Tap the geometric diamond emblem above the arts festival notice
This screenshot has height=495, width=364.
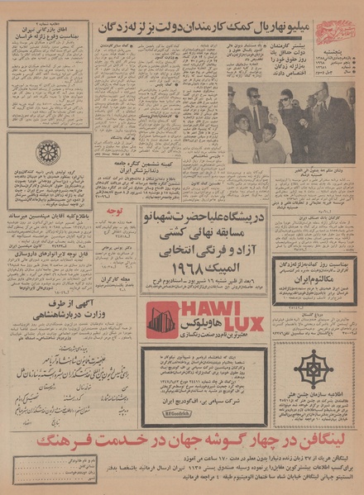tap(315, 369)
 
